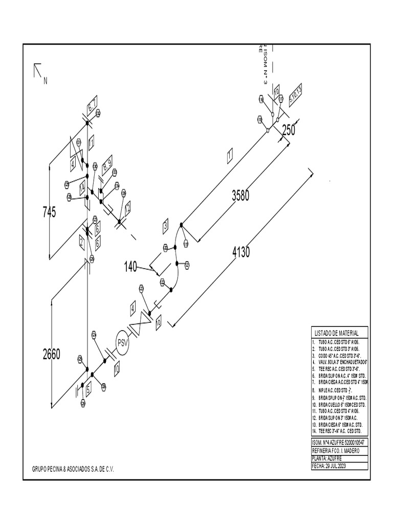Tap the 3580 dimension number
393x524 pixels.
241,195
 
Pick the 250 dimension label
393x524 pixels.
289,130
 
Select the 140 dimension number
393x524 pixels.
131,267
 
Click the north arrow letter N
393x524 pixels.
45,81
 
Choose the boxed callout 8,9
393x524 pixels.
106,165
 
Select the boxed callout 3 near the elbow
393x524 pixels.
165,225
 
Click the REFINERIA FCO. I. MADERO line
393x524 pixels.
336,451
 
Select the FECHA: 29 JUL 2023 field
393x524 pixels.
329,466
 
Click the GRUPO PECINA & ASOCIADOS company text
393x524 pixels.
73,469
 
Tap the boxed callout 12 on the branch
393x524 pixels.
127,207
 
